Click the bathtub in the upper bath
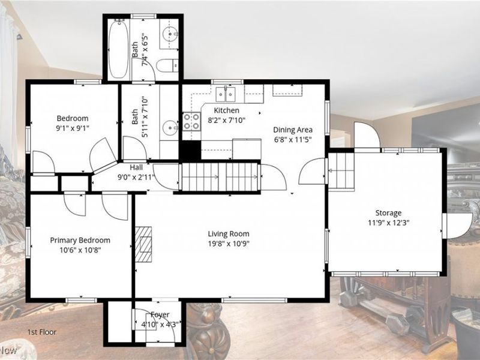[118, 49]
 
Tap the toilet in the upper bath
[167, 65]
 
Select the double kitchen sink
[226, 94]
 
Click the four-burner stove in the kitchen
[191, 122]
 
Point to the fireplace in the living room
[143, 244]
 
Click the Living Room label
[229, 234]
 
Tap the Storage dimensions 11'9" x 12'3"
[388, 223]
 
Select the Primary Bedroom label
[80, 241]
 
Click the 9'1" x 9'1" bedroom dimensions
[73, 128]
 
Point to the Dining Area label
[293, 130]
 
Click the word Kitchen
[227, 110]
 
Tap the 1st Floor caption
[42, 332]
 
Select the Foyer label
[160, 314]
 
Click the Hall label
[136, 167]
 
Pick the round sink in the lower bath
[170, 128]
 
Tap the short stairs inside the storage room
[341, 170]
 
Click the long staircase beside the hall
[220, 177]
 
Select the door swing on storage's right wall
[457, 226]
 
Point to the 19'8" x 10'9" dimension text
[229, 244]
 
